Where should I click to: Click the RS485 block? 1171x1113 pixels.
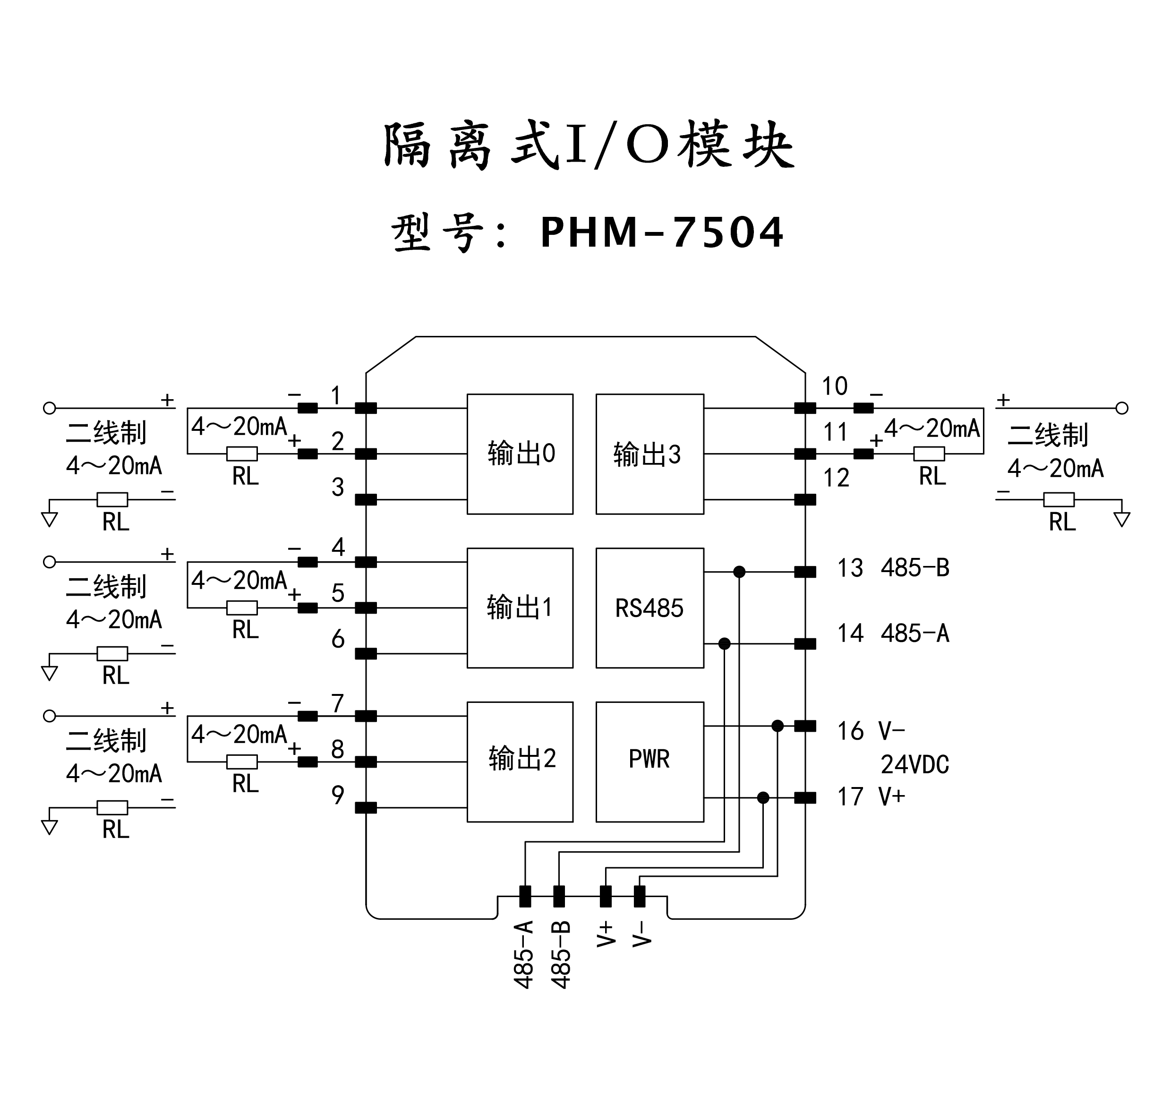click(x=650, y=608)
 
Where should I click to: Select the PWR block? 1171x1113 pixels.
click(x=650, y=762)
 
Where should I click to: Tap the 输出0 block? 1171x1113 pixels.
click(x=520, y=454)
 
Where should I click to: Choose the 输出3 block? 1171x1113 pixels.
click(x=650, y=454)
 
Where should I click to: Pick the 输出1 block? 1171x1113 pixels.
click(x=520, y=608)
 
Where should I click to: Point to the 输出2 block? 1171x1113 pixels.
click(x=520, y=762)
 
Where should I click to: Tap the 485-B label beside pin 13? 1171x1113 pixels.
click(x=915, y=568)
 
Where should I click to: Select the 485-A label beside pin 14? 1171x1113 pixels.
click(x=915, y=634)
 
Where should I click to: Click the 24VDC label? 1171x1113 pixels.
click(x=915, y=765)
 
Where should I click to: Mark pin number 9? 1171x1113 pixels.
click(x=338, y=795)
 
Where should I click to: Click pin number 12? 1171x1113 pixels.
click(x=836, y=478)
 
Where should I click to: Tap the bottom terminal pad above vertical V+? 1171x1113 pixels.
click(x=605, y=897)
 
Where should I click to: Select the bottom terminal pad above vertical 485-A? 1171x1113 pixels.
click(x=525, y=897)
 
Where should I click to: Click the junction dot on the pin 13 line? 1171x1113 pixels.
click(x=739, y=572)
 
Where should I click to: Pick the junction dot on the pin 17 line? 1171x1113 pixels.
click(x=763, y=798)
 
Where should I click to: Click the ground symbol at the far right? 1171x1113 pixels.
click(x=1122, y=520)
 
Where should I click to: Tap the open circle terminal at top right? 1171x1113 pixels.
click(x=1122, y=408)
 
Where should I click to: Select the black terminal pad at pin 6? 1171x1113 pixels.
click(x=366, y=654)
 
